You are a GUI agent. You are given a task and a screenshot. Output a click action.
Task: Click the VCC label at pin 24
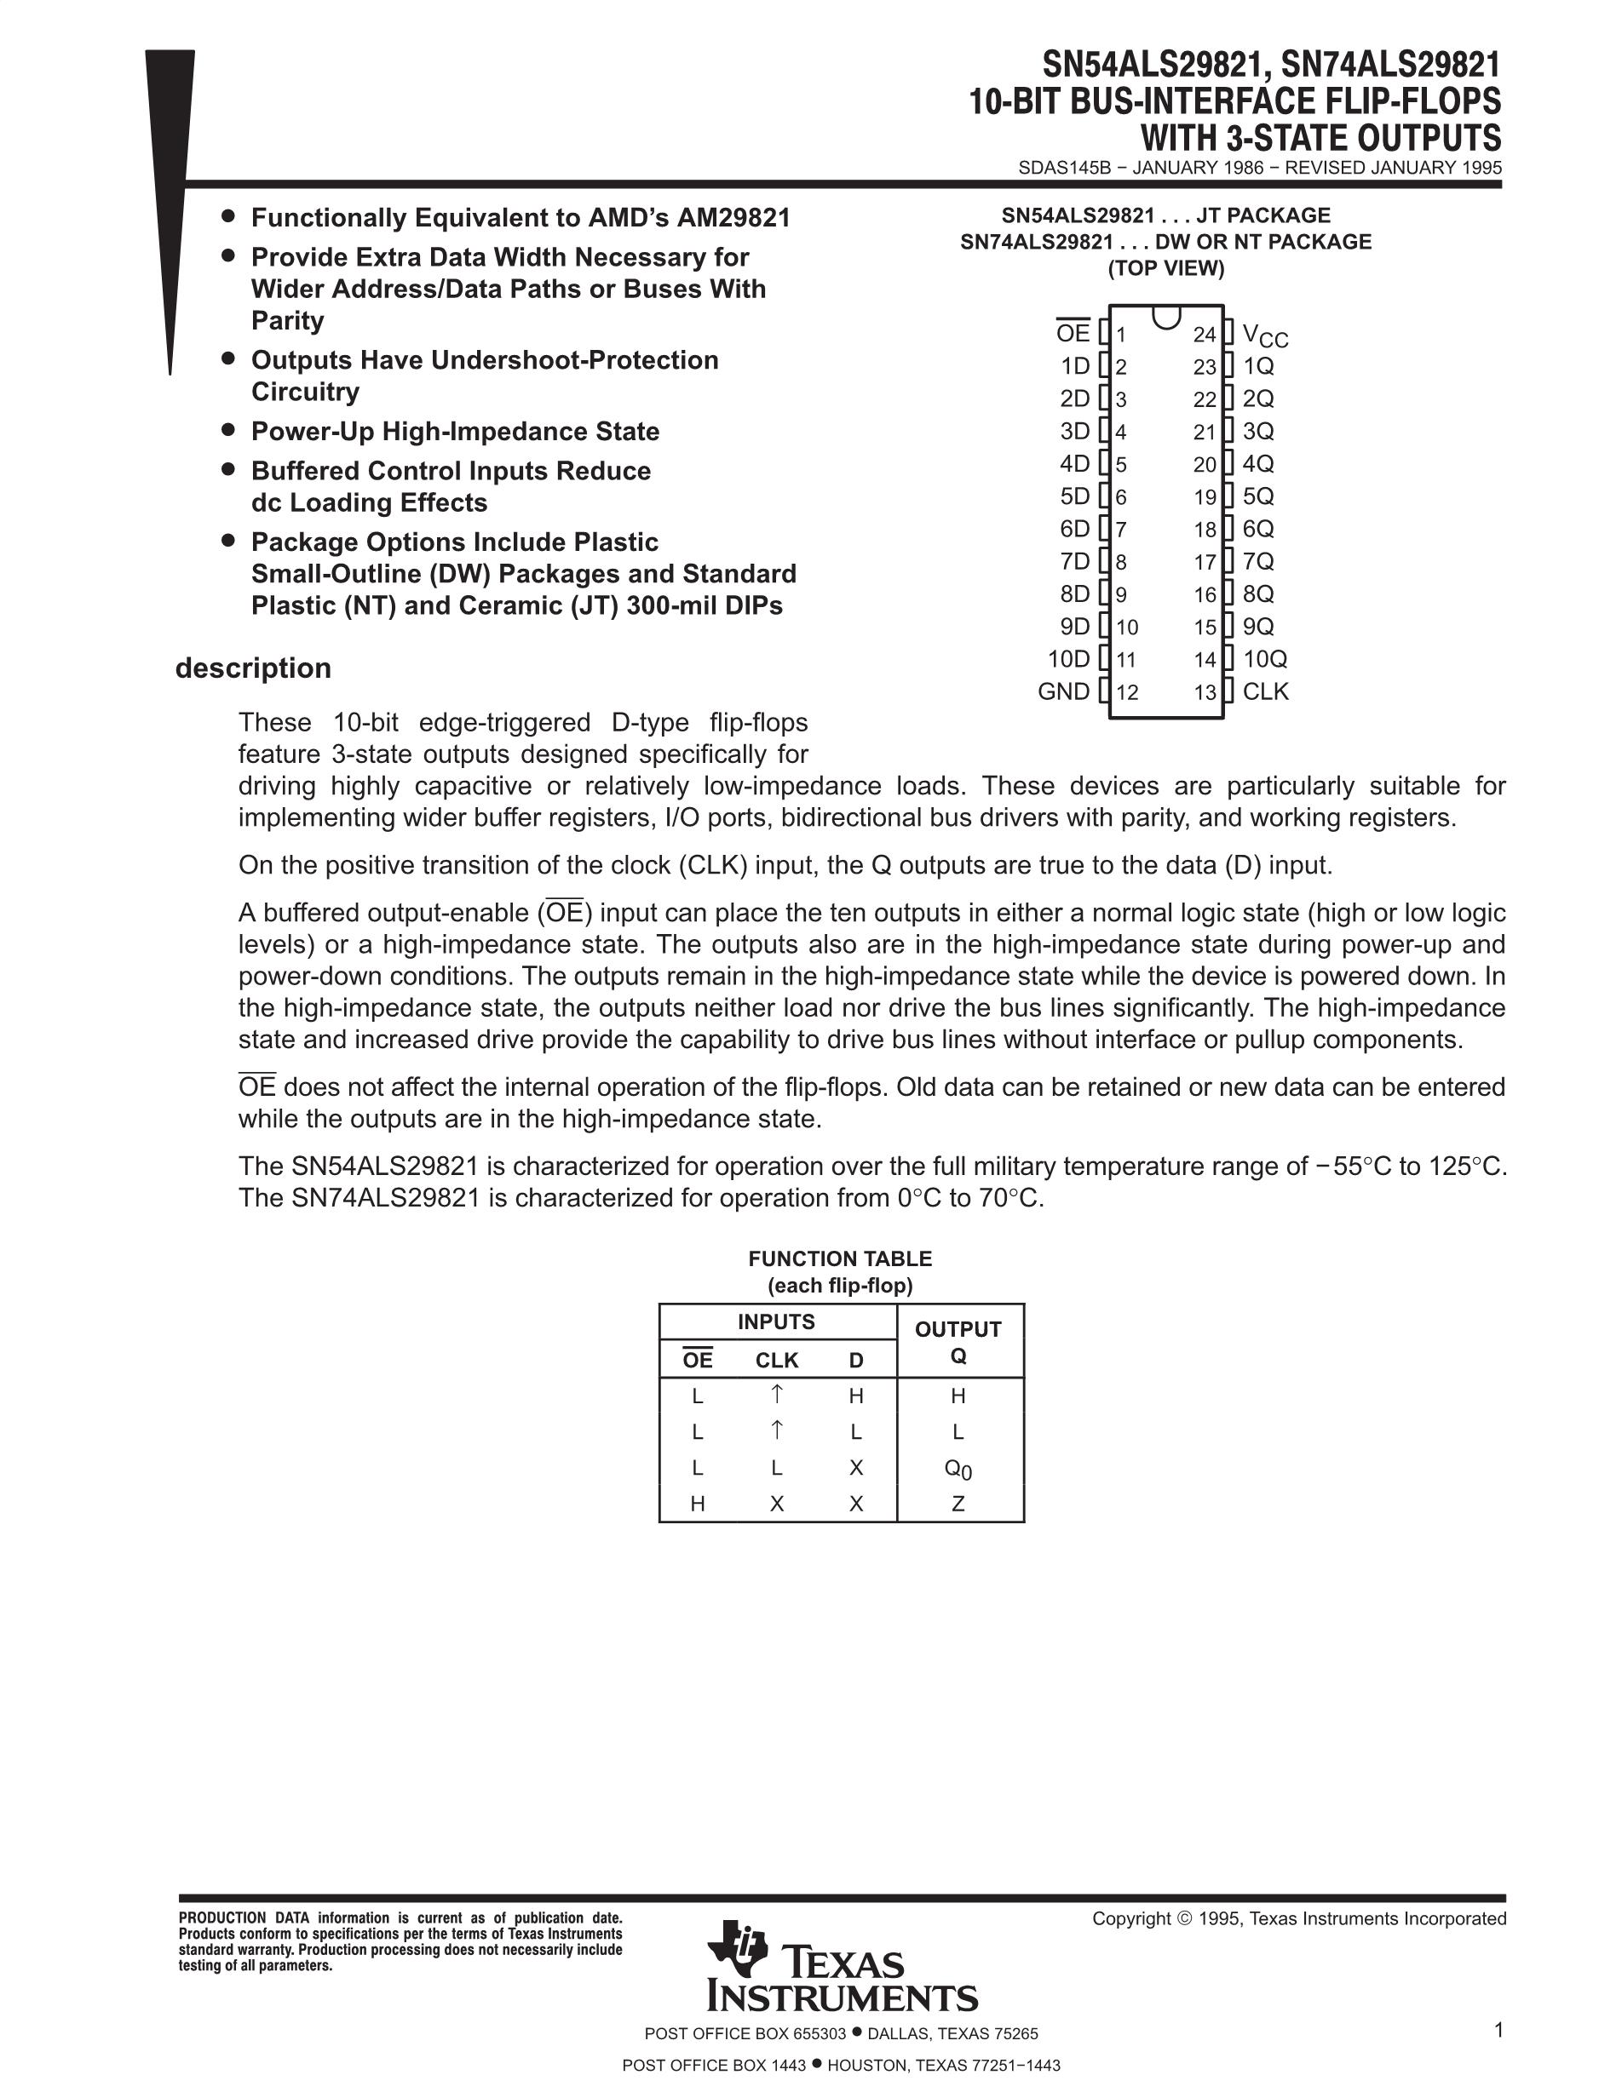pyautogui.click(x=1264, y=335)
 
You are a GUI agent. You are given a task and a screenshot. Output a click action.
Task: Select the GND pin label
pyautogui.click(x=1064, y=691)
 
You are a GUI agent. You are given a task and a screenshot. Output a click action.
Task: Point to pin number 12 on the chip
pyautogui.click(x=1127, y=692)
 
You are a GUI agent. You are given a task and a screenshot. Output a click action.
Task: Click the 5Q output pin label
pyautogui.click(x=1258, y=496)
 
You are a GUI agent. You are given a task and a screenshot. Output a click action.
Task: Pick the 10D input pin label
pyautogui.click(x=1068, y=659)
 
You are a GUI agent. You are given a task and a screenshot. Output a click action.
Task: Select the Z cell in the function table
pyautogui.click(x=958, y=1505)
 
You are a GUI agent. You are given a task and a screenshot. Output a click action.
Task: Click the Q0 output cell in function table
pyautogui.click(x=958, y=1469)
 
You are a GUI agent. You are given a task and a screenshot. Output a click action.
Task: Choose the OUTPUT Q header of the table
pyautogui.click(x=958, y=1342)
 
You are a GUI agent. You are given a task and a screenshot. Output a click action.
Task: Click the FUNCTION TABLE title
pyautogui.click(x=840, y=1258)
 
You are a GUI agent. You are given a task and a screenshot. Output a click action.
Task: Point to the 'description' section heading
pyautogui.click(x=253, y=668)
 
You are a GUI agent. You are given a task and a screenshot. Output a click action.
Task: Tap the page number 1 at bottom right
pyautogui.click(x=1498, y=2030)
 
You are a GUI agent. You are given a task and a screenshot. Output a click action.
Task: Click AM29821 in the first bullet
pyautogui.click(x=733, y=218)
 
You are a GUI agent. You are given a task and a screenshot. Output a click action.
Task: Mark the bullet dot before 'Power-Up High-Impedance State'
pyautogui.click(x=227, y=429)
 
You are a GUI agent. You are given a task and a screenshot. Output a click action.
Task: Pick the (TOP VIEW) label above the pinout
pyautogui.click(x=1165, y=269)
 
